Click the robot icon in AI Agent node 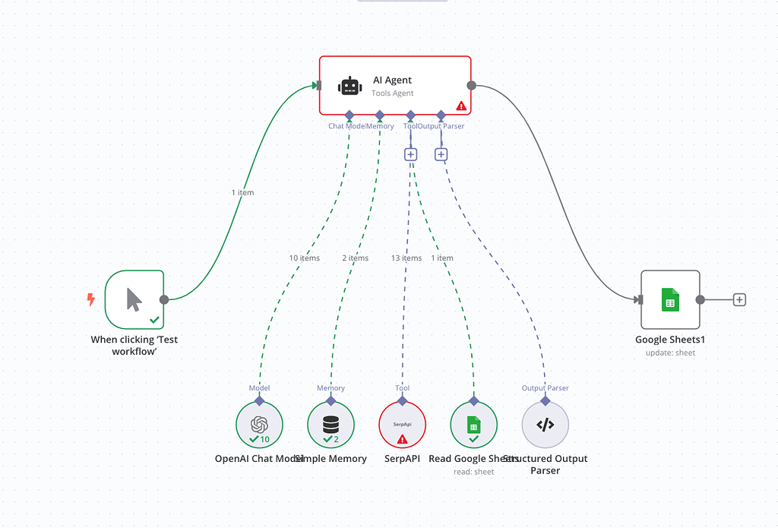(349, 86)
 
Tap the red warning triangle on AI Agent (460, 106)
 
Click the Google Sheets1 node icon (669, 299)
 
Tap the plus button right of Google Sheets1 (739, 299)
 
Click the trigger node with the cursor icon (134, 299)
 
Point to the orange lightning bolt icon (91, 299)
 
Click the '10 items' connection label (304, 258)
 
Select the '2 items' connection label (355, 258)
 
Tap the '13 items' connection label (406, 258)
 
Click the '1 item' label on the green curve (242, 193)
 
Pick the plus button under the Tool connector (410, 154)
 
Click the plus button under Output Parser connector (441, 154)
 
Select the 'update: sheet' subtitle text (670, 353)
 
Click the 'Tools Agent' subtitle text (392, 93)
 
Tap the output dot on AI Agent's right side (471, 85)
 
